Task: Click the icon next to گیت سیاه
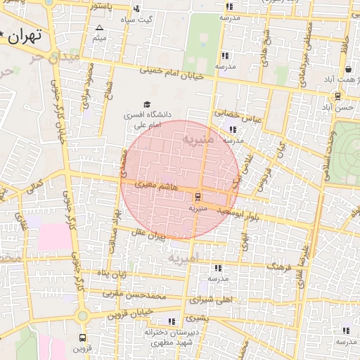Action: (136, 9)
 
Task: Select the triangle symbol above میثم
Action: (98, 28)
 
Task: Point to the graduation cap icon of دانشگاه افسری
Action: (146, 104)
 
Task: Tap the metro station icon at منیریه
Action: (197, 195)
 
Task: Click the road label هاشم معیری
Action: (145, 184)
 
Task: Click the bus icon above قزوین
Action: (83, 337)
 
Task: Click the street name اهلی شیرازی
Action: (210, 300)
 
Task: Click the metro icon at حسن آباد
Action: (338, 96)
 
